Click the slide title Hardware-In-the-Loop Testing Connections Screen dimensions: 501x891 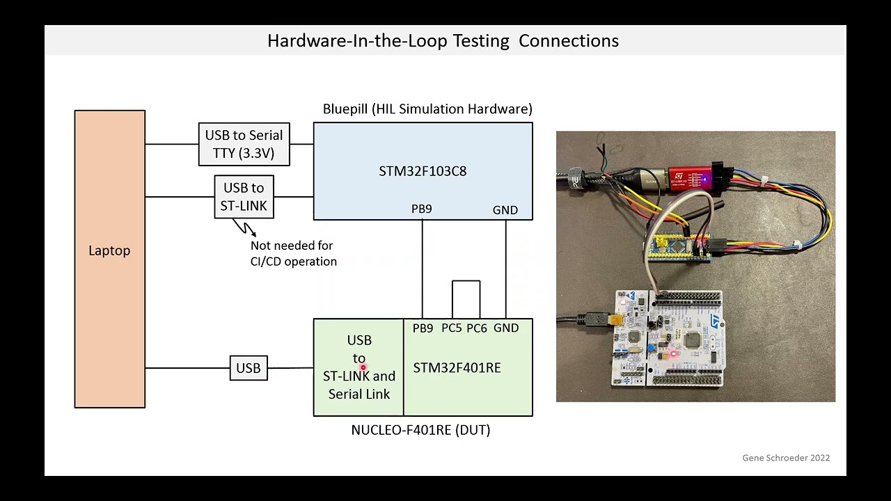[443, 40]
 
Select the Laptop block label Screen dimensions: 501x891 [109, 250]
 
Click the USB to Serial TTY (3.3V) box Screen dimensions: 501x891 [244, 145]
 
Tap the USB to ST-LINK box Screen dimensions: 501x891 [244, 197]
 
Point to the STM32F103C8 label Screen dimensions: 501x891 [423, 171]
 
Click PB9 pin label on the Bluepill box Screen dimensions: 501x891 [422, 209]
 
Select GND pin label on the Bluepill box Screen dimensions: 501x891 [505, 210]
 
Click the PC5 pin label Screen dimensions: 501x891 [451, 328]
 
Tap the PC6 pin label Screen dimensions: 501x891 [477, 328]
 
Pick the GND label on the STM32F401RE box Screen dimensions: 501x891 [506, 328]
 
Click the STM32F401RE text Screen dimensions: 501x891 [457, 368]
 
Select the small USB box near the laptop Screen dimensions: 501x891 [249, 368]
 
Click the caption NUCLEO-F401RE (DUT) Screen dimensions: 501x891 [420, 430]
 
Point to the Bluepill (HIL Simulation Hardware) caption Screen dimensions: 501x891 [427, 109]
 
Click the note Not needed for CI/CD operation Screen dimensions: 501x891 [293, 253]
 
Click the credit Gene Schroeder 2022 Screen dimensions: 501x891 [786, 458]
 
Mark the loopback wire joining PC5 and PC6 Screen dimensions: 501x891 [466, 281]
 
